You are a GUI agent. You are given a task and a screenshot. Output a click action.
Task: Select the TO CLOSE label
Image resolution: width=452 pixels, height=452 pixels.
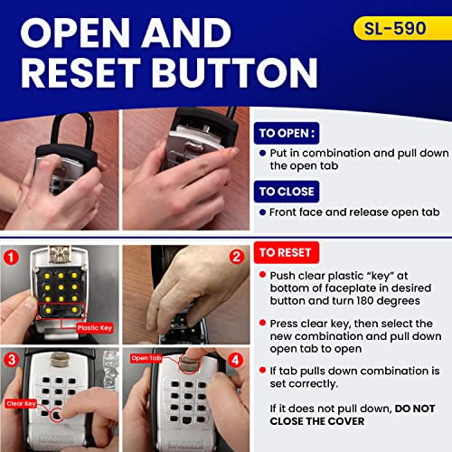pyautogui.click(x=287, y=191)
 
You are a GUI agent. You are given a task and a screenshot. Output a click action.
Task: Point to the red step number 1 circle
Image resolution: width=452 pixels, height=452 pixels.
pyautogui.click(x=12, y=256)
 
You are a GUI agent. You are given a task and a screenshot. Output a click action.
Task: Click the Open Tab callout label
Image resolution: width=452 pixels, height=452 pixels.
pyautogui.click(x=146, y=358)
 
